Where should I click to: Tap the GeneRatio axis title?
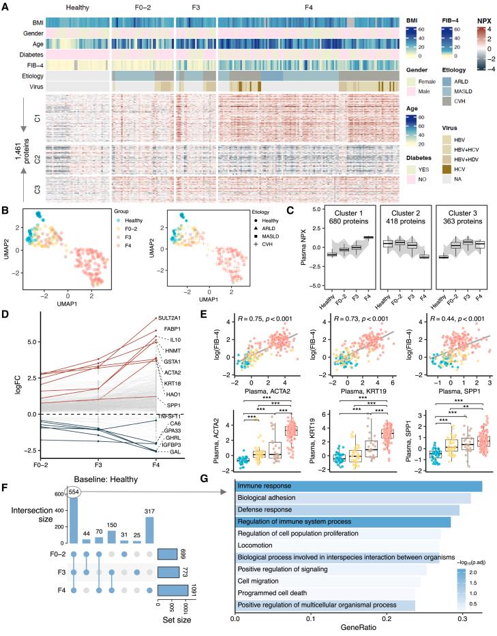point(360,631)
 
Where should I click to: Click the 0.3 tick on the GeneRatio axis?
point(464,619)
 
